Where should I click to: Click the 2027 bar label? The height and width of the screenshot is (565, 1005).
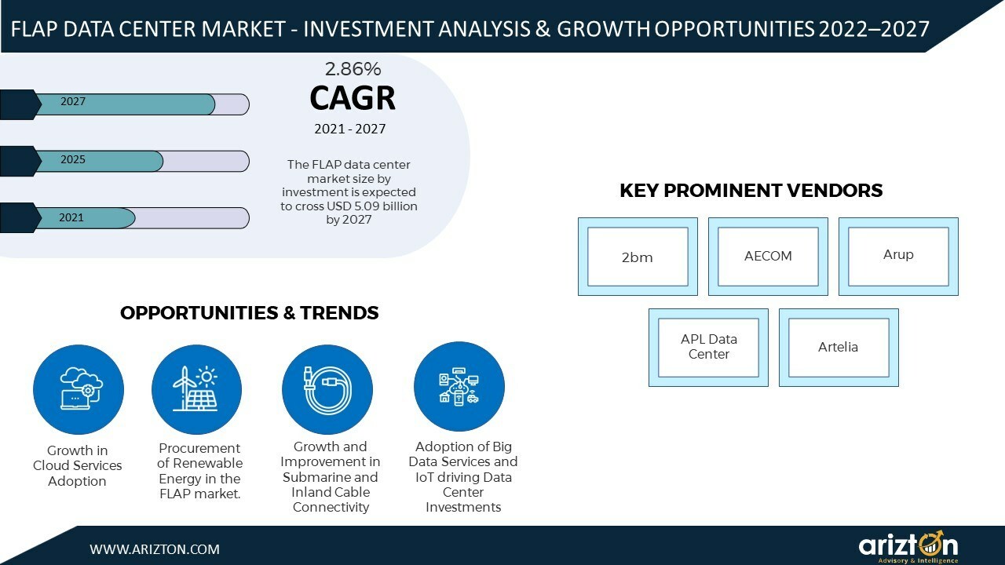pyautogui.click(x=73, y=102)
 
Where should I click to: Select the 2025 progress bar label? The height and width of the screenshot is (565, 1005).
pyautogui.click(x=73, y=160)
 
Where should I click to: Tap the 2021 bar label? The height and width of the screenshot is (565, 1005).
pyautogui.click(x=71, y=218)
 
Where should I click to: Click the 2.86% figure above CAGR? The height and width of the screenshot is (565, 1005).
pyautogui.click(x=353, y=68)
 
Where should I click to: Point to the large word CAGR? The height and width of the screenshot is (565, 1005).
pyautogui.click(x=353, y=98)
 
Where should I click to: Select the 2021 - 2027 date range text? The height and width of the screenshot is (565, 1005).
pyautogui.click(x=350, y=129)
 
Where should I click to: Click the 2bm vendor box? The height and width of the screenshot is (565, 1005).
pyautogui.click(x=637, y=257)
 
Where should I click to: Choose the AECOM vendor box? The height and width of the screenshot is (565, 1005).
pyautogui.click(x=768, y=257)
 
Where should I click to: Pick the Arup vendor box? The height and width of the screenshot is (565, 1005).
pyautogui.click(x=898, y=256)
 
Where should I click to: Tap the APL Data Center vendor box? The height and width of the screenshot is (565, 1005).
pyautogui.click(x=708, y=347)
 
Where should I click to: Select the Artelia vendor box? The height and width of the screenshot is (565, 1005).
pyautogui.click(x=838, y=347)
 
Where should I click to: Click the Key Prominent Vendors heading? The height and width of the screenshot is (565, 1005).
pyautogui.click(x=751, y=191)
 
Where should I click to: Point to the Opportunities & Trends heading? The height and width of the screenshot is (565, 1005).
pyautogui.click(x=250, y=313)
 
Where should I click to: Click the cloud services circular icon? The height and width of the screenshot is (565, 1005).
pyautogui.click(x=79, y=390)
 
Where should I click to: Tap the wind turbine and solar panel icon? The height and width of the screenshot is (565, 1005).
pyautogui.click(x=196, y=390)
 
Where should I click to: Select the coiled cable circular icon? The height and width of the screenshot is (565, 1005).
pyautogui.click(x=327, y=390)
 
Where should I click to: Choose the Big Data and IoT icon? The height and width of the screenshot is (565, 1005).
pyautogui.click(x=459, y=387)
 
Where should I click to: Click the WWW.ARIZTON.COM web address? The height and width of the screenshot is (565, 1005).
pyautogui.click(x=155, y=549)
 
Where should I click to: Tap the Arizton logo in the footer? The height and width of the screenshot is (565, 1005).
pyautogui.click(x=908, y=546)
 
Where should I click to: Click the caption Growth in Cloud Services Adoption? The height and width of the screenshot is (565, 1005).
pyautogui.click(x=78, y=466)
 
